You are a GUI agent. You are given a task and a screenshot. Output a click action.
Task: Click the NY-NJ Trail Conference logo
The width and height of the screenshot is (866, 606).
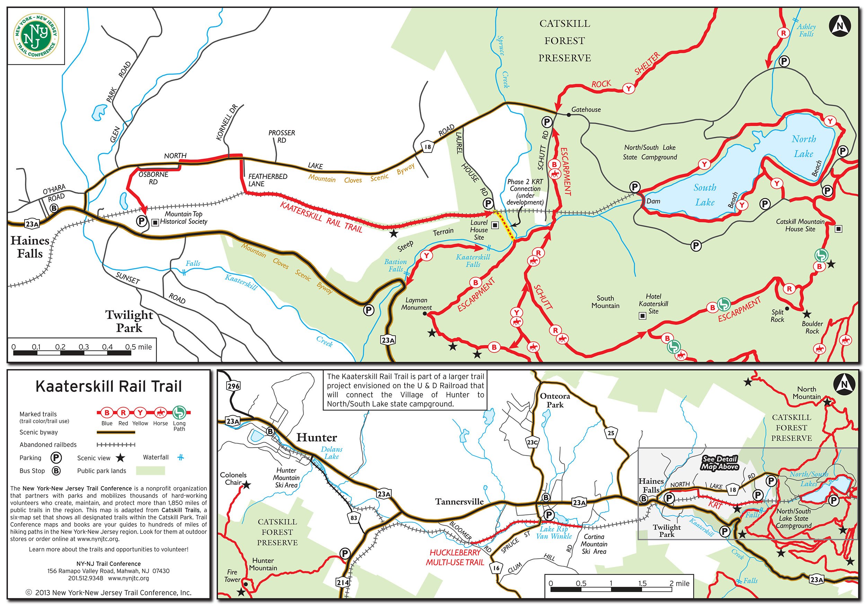[36, 36]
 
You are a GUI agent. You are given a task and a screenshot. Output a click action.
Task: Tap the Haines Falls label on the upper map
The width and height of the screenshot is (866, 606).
[30, 247]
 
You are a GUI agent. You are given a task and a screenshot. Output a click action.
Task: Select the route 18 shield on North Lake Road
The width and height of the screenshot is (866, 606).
[427, 147]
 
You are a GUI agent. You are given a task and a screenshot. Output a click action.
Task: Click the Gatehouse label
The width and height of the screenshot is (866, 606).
[586, 110]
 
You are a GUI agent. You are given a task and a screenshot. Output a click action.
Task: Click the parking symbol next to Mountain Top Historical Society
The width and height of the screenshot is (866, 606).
[141, 221]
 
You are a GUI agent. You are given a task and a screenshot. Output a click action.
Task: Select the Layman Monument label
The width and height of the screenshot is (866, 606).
[416, 304]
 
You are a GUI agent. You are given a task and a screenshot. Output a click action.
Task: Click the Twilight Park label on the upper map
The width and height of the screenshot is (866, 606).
[129, 321]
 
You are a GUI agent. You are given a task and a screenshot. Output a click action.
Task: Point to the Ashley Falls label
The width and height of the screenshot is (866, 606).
[806, 30]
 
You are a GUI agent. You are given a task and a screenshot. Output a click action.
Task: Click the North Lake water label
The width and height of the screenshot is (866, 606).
[803, 146]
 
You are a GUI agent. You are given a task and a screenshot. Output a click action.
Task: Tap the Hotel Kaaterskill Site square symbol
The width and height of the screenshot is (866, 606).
[642, 315]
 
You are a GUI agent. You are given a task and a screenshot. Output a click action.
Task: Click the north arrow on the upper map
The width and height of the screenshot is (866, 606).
[840, 26]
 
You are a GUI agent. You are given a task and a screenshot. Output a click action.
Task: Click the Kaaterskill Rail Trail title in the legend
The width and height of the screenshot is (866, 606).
[109, 386]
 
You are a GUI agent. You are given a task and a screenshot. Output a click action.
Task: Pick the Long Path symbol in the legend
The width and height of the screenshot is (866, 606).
[179, 412]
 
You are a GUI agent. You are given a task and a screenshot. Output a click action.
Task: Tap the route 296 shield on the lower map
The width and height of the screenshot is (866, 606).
[233, 386]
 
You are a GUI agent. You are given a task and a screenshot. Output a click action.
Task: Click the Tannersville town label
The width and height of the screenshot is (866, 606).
[459, 501]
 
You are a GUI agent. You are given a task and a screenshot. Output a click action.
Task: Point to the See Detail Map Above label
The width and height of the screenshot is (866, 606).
[720, 463]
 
